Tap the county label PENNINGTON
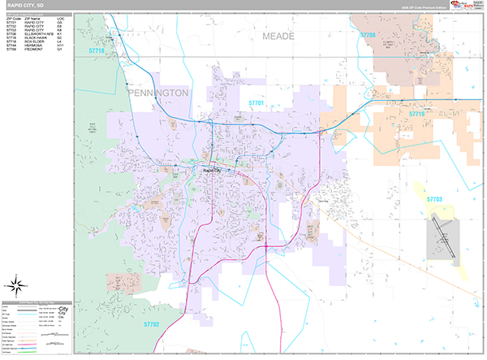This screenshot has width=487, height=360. click(158, 93)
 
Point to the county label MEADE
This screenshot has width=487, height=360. click(280, 37)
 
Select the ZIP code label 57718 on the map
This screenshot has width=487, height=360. click(97, 51)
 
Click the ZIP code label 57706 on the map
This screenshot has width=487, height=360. click(367, 36)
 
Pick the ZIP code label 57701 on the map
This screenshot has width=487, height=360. click(256, 103)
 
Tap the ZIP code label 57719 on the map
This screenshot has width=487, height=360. click(416, 115)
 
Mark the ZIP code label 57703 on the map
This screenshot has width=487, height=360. click(434, 198)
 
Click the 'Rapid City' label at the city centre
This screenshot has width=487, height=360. click(210, 171)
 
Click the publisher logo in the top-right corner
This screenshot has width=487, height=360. click(463, 6)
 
